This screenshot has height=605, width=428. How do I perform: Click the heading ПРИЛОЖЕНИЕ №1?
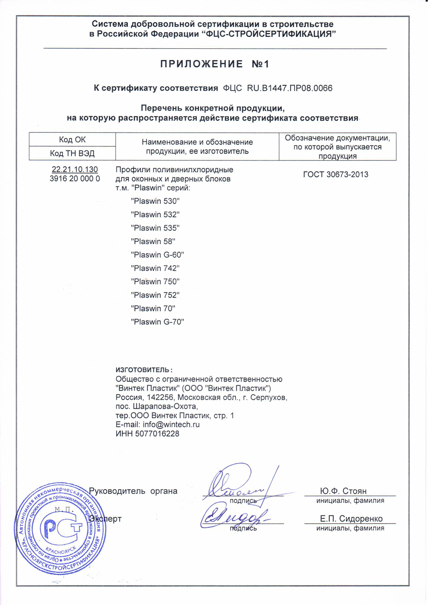214,64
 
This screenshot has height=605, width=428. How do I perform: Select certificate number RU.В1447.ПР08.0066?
290,88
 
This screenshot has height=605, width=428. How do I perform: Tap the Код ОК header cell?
72,140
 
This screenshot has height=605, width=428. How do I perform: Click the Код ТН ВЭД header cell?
72,153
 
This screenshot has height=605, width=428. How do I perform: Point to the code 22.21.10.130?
75,170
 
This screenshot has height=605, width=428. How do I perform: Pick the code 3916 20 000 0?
75,179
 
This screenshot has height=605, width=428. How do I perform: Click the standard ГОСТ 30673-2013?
336,175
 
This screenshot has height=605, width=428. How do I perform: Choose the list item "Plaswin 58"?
153,242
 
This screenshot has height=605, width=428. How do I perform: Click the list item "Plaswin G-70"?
158,322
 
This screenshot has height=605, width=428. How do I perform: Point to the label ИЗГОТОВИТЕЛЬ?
144,370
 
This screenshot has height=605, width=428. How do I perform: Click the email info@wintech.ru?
171,425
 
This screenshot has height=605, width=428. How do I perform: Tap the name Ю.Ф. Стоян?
343,491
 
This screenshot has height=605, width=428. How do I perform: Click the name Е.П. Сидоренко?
351,519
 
